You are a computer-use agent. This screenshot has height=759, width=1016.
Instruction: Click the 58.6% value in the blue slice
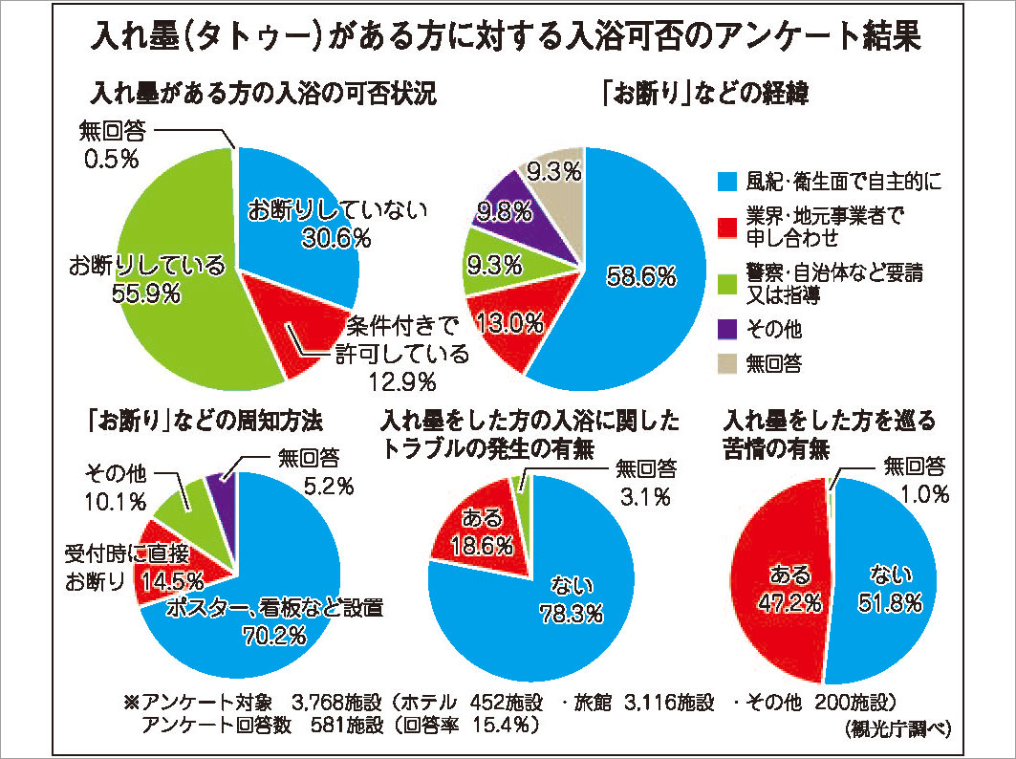pos(642,277)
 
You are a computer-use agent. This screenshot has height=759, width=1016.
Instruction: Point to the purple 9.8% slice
pos(519,208)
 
